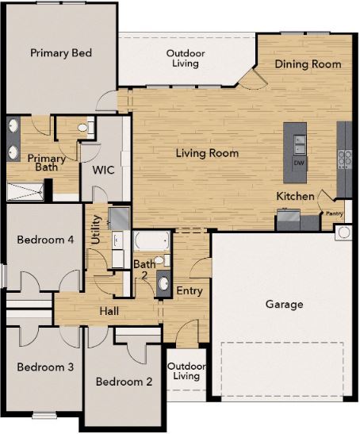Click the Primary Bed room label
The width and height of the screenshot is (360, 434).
pos(61,53)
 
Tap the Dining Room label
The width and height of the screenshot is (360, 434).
pos(308,64)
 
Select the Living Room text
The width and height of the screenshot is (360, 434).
pos(206,153)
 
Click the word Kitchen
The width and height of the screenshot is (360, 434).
pos(295,196)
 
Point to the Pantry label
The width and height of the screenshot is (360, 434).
pos(332,213)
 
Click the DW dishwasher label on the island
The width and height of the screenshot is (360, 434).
pos(299,163)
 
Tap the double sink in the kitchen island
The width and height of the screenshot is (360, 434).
pos(300,144)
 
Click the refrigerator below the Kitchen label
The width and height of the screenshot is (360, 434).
pos(287,218)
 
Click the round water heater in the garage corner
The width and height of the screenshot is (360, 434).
pos(343,232)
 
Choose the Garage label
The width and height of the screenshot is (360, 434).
pos(283,304)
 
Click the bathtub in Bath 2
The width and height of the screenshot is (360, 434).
pos(151,241)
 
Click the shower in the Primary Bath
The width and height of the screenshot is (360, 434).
pos(26,190)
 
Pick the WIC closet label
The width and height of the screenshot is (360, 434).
pos(104,170)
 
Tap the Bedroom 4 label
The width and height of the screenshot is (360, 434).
pos(40,239)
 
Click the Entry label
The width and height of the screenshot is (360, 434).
pos(190,291)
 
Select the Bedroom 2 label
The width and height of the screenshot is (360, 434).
pos(124,382)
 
